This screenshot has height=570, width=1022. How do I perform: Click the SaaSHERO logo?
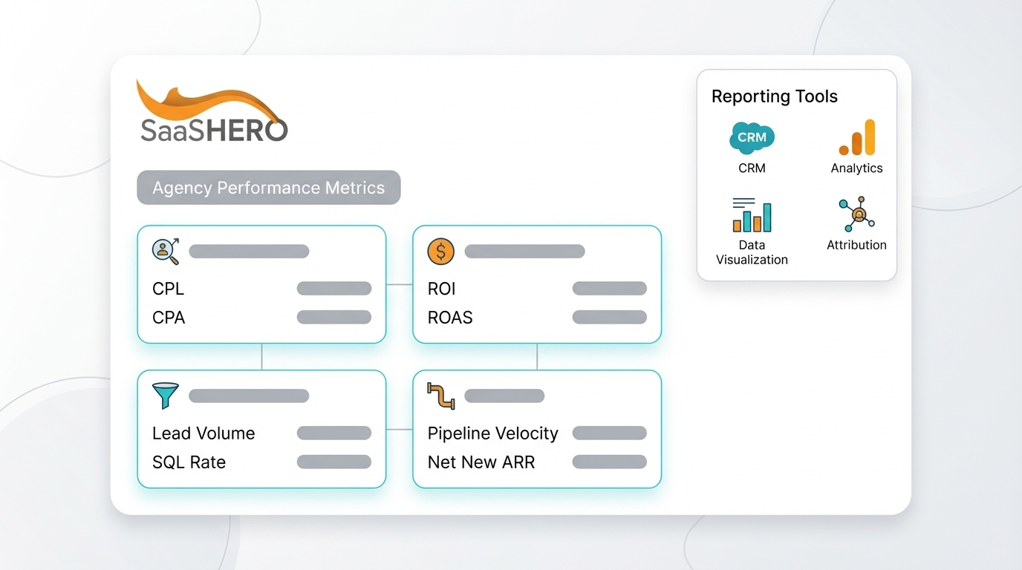212,113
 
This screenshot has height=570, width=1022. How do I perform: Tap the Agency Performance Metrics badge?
268,188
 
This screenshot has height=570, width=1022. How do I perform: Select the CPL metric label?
168,289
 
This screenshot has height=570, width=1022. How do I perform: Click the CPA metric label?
169,318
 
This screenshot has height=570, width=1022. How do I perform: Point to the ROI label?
441,289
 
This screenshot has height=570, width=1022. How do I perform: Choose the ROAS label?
450,318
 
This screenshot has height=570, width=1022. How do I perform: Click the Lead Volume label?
204,433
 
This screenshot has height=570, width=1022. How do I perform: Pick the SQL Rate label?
189,462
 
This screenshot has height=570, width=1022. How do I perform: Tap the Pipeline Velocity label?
492,433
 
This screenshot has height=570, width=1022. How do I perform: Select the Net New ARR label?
481,462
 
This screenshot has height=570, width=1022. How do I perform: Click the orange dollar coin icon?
440,252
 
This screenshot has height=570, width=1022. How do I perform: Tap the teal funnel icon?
165,396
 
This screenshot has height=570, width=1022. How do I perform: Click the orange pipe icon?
440,396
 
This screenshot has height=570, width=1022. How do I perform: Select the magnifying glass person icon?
166,251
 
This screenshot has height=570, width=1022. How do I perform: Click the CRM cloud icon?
752,138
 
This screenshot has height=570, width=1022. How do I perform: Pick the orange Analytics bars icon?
857,139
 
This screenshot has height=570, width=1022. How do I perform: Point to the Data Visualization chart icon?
752,215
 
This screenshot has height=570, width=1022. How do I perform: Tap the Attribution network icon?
857,215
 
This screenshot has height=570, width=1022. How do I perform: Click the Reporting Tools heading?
774,96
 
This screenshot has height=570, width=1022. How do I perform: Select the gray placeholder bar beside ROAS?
609,318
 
